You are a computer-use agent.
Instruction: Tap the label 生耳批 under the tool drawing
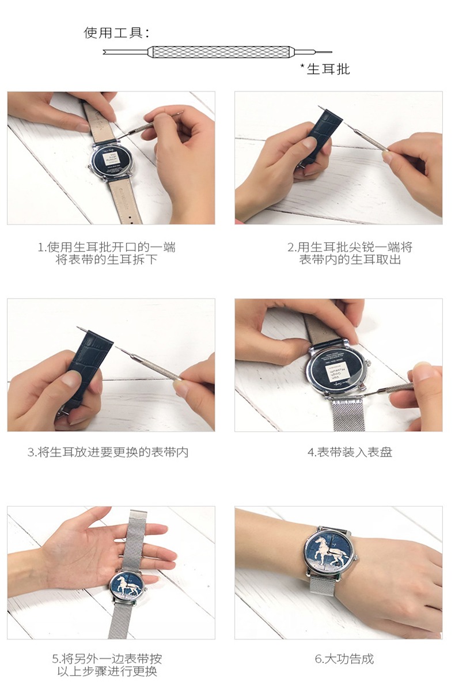pos(328,69)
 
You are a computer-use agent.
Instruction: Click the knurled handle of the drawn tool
pos(220,52)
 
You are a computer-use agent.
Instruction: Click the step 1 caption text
pos(107,253)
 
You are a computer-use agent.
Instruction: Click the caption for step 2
pos(350,253)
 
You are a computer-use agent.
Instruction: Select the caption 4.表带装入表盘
pos(350,452)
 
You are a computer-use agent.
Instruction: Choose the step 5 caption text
pos(107,665)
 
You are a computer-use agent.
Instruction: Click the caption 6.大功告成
pos(344,658)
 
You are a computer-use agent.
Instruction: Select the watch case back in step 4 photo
pos(337,367)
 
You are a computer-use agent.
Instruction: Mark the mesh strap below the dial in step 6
pos(323,587)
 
